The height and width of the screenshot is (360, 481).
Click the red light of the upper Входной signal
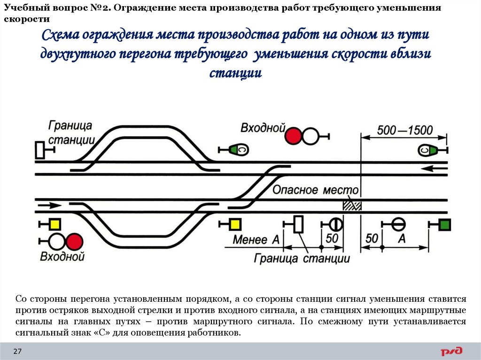click(294, 136)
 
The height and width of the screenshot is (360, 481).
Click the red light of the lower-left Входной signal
click(74, 242)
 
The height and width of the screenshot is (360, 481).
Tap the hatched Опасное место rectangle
click(351, 205)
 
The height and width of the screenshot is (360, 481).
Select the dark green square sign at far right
click(444, 225)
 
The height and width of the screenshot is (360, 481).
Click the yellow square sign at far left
click(55, 224)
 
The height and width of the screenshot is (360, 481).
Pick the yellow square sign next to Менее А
click(234, 224)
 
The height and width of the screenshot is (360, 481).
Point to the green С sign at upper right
click(428, 150)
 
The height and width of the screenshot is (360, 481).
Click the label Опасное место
click(315, 190)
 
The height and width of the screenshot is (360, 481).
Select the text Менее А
click(256, 240)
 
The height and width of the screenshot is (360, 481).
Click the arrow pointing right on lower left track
click(49, 205)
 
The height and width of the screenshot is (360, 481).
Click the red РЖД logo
click(451, 351)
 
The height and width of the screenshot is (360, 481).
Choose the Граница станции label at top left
click(72, 132)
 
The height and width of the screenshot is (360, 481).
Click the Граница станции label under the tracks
click(302, 259)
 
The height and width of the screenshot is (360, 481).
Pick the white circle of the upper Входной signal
click(310, 136)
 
